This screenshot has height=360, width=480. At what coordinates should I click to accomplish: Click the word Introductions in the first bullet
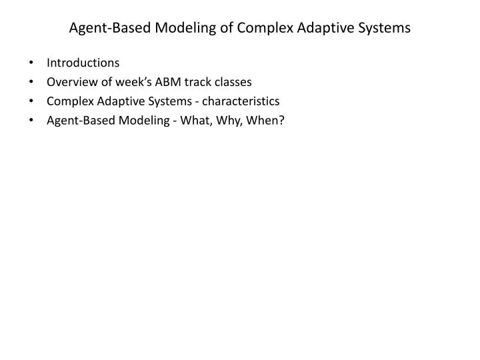(83, 63)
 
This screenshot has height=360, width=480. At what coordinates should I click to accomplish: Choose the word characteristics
(241, 101)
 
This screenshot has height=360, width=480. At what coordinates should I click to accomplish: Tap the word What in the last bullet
(193, 121)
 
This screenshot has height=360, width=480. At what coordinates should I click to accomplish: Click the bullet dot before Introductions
(33, 63)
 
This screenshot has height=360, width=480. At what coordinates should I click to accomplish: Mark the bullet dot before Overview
(33, 83)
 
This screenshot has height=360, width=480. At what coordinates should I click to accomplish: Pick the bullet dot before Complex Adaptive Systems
(33, 102)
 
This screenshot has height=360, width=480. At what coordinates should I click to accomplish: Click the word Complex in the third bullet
(69, 101)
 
